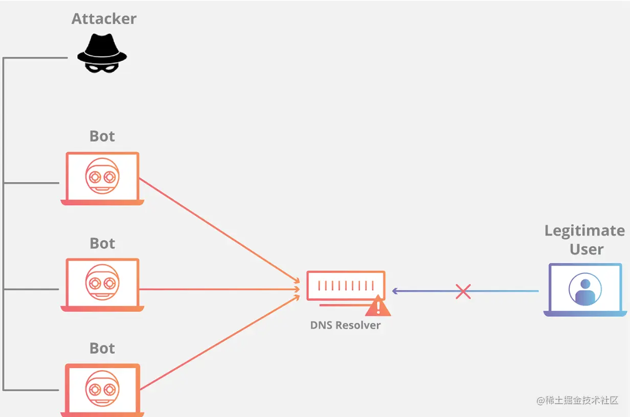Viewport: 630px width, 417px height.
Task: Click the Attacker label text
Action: pos(104,19)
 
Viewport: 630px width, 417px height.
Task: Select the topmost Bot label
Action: pos(102,136)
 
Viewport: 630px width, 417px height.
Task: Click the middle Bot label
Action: pos(102,243)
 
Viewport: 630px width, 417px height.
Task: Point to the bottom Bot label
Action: pos(102,349)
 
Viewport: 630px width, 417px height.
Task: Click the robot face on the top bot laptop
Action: pos(102,176)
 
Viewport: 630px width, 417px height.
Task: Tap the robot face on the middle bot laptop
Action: pos(102,282)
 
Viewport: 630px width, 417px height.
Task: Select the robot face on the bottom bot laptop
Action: pos(102,388)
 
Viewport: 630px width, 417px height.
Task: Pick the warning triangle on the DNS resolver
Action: pos(378,307)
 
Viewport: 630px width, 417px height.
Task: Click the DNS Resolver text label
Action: pos(345,325)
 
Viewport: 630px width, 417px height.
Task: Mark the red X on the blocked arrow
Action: pos(463,291)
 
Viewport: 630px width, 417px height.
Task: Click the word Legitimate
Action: pos(584,231)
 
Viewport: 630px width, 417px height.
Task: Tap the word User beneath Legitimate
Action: pos(587,249)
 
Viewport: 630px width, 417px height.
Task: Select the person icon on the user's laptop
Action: pos(585,289)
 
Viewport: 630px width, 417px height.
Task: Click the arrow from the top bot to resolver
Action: pos(220,230)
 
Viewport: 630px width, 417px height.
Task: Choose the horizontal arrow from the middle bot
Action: pos(220,289)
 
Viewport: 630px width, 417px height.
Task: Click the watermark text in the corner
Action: pos(577,400)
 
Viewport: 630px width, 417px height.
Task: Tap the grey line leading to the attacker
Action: pos(36,58)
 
